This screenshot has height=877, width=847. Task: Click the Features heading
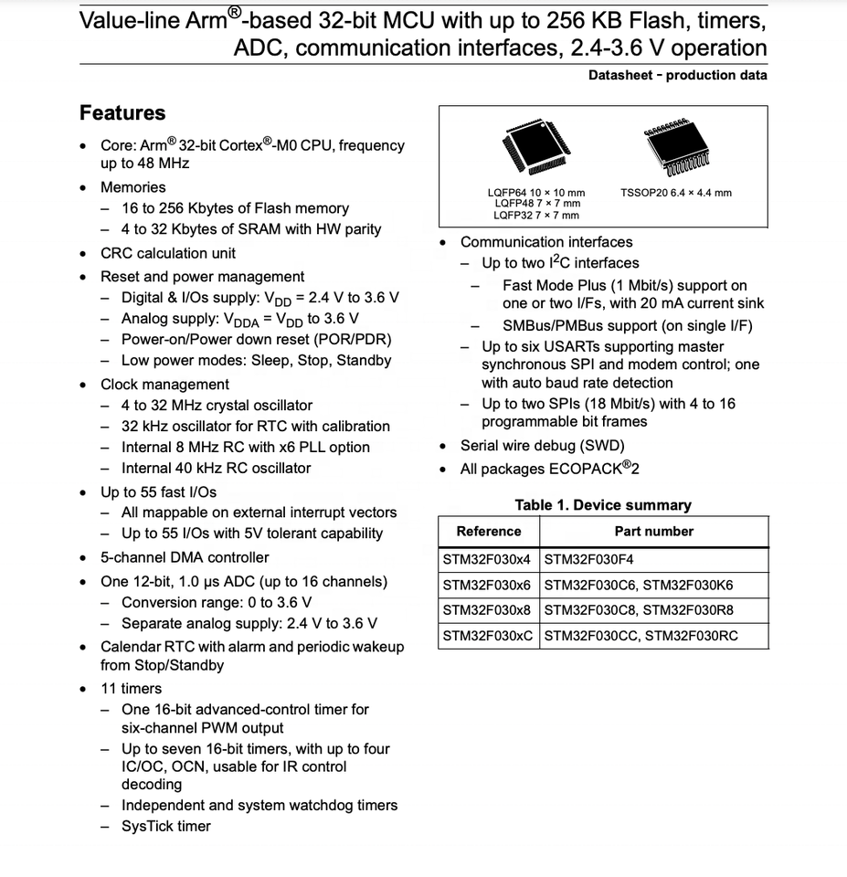pos(122,113)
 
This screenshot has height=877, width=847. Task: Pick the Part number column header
pos(653,532)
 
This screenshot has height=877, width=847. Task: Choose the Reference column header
pos(489,532)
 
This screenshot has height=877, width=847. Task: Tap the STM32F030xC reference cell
pos(488,637)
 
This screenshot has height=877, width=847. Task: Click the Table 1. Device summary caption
pos(603,505)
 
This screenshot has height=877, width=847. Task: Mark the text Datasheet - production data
pos(677,76)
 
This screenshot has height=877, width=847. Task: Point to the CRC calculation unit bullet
pos(167,253)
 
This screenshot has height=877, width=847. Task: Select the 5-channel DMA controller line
pos(185,557)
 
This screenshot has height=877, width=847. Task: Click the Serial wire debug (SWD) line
pos(542,446)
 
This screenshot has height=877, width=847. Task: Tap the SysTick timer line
pos(166,826)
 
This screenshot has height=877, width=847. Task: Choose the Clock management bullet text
pos(164,385)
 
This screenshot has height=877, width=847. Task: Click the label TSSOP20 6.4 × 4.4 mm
pos(675,193)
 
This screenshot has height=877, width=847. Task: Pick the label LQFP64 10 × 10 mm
pos(536,193)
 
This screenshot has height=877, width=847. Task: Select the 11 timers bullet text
pos(131,689)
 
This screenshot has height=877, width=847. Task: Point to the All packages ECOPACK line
pos(549,470)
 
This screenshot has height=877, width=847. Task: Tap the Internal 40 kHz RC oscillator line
pos(216,468)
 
